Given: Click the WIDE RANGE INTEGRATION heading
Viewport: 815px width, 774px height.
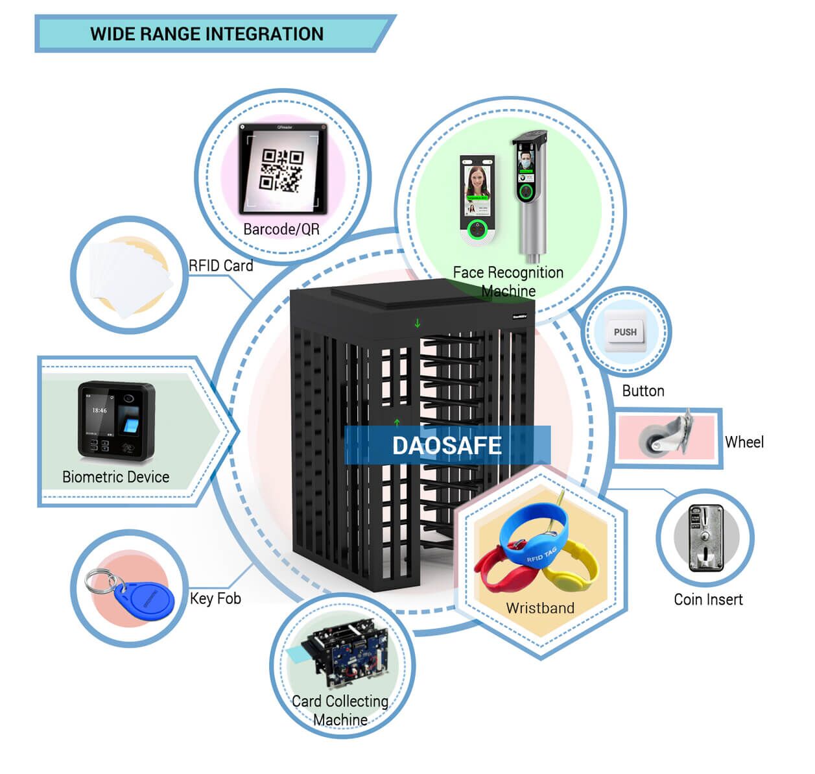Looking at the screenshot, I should click(207, 34).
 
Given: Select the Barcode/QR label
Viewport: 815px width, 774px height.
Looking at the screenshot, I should click(281, 229).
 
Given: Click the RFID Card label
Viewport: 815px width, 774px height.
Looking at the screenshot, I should click(220, 265).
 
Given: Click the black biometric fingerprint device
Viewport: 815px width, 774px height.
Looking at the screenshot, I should click(117, 420).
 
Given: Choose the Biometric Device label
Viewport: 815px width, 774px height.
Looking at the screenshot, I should click(115, 477).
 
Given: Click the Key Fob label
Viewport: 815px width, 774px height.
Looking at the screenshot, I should click(215, 598).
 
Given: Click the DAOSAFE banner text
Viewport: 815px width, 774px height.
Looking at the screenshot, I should click(447, 446).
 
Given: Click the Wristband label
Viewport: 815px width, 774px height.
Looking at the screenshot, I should click(540, 608).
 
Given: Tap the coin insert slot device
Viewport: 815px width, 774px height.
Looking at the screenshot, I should click(705, 538).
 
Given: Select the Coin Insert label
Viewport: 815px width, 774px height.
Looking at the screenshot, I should click(708, 599).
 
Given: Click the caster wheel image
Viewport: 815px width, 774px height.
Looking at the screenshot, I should click(665, 436).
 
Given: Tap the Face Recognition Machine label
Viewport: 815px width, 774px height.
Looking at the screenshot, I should click(508, 281).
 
